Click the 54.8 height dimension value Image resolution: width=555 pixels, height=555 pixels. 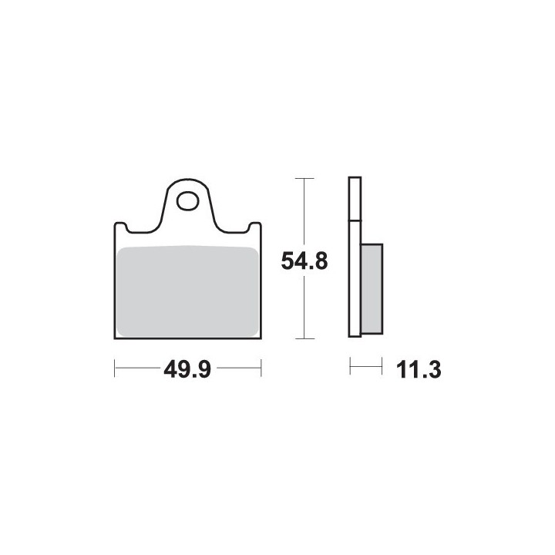[x=304, y=261]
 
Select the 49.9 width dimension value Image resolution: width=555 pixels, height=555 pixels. [x=187, y=370]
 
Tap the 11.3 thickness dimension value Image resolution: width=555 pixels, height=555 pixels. [x=419, y=370]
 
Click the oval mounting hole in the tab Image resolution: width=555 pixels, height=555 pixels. [x=187, y=201]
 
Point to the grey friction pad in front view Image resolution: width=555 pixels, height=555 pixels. [x=187, y=291]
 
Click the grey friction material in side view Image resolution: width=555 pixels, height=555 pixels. [x=372, y=288]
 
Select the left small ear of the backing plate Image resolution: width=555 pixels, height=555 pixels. [x=121, y=227]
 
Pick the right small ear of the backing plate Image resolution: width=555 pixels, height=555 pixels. [x=255, y=227]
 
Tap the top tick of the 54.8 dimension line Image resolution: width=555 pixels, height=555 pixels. [x=304, y=178]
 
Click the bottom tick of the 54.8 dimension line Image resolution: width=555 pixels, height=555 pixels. [x=304, y=338]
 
